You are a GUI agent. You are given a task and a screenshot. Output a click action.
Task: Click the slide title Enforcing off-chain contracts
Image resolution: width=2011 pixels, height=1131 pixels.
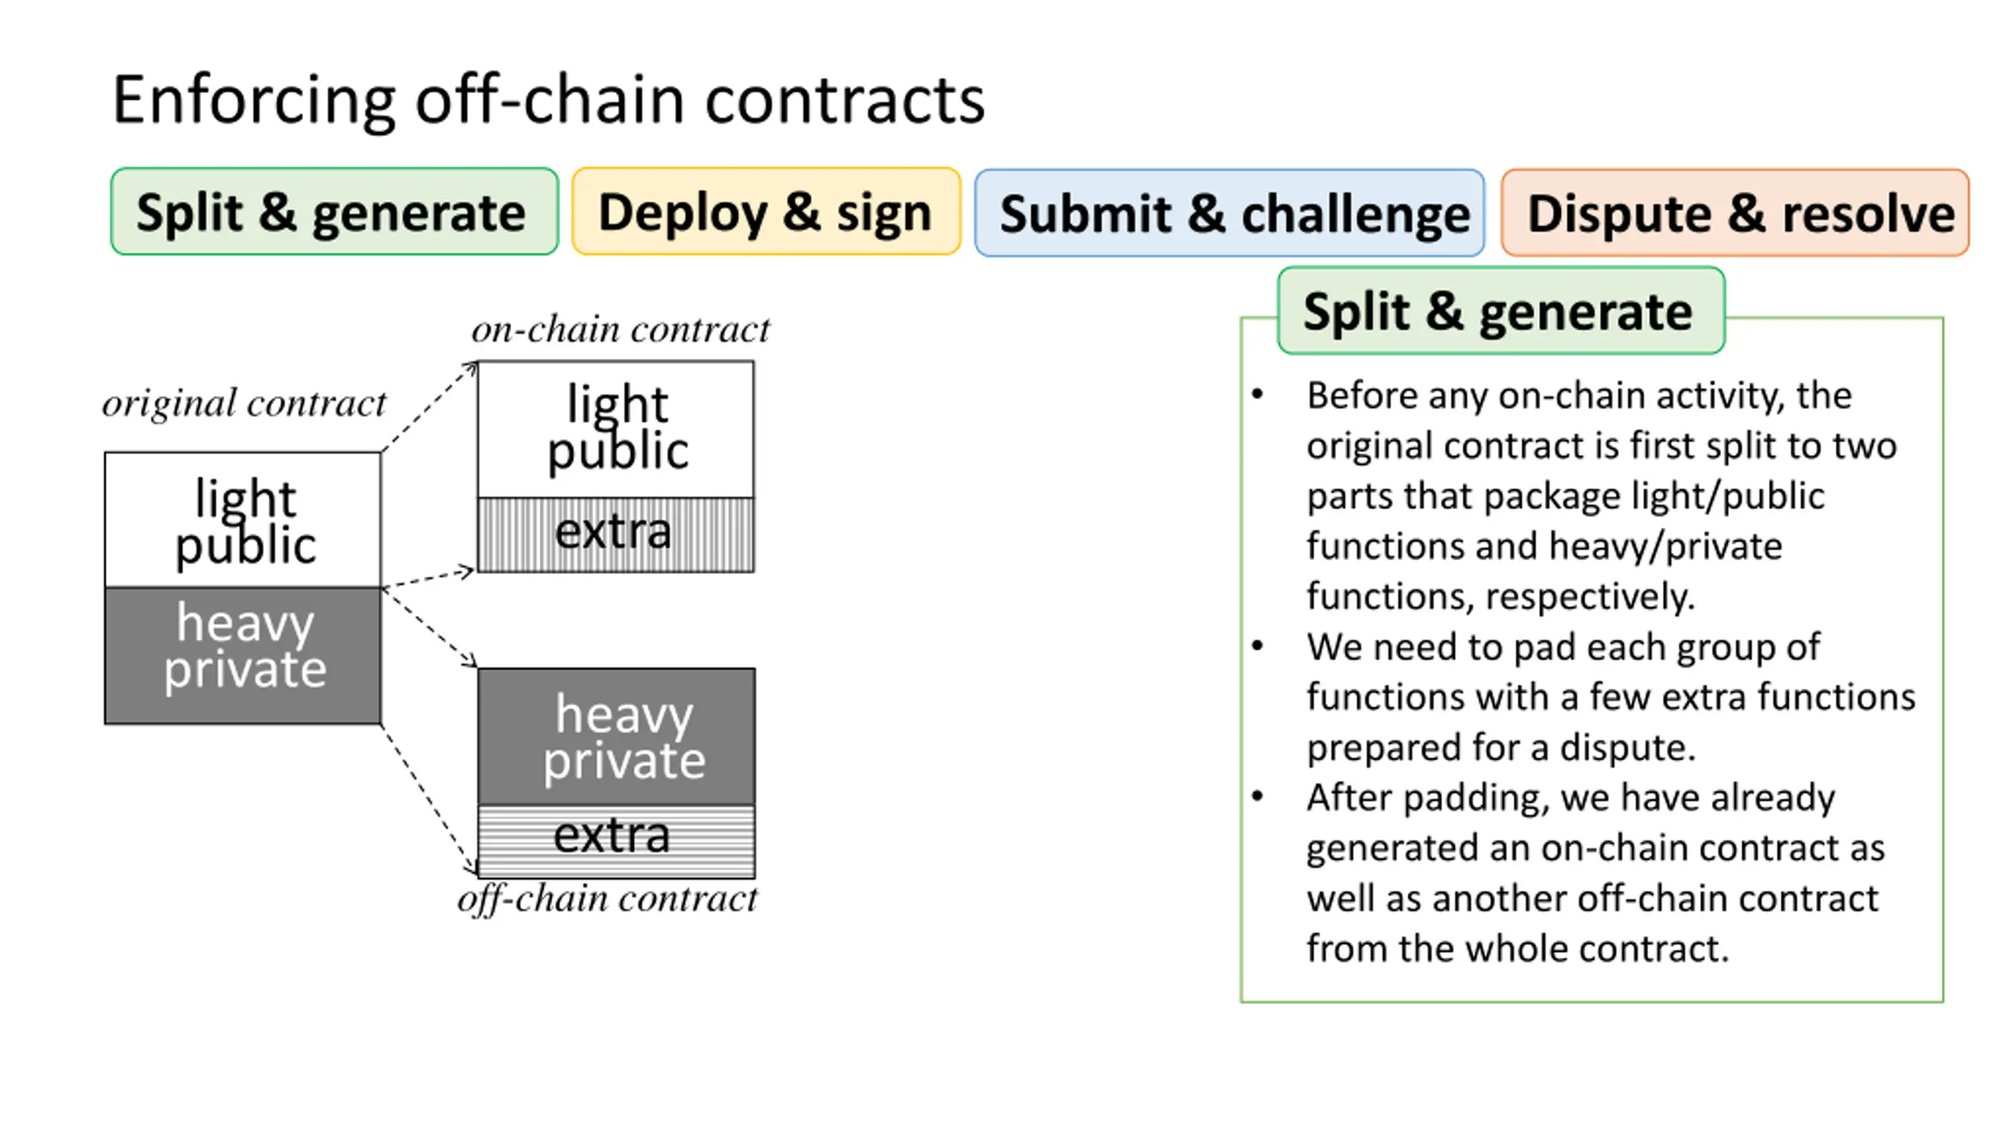548,101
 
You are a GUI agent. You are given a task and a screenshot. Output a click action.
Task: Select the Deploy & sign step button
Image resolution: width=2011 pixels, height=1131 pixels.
766,211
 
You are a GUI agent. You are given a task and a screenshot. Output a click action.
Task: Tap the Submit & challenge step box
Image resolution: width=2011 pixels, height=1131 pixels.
1229,213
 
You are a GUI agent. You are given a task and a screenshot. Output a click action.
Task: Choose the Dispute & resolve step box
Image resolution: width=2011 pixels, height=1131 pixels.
1735,213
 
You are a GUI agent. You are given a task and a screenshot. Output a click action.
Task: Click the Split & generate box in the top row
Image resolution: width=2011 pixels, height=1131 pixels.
335,211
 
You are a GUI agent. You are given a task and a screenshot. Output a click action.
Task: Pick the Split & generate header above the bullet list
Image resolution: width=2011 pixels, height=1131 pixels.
1501,311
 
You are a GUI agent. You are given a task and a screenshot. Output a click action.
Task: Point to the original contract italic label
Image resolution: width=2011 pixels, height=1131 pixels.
244,404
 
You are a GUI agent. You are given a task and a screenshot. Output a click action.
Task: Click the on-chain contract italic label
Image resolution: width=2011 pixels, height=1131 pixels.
621,329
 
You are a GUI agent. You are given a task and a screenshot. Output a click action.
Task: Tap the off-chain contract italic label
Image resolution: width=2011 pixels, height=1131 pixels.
607,899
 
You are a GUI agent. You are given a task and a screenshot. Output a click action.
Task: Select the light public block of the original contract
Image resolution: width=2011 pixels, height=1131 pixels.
243,519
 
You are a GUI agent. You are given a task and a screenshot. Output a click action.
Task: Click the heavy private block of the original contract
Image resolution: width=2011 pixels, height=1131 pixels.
243,655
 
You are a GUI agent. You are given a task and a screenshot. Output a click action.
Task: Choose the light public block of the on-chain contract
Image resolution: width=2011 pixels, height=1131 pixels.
616,429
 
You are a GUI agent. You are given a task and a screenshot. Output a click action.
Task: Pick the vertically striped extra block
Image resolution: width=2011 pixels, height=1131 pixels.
616,534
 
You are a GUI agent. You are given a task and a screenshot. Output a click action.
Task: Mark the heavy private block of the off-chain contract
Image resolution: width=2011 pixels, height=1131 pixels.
617,737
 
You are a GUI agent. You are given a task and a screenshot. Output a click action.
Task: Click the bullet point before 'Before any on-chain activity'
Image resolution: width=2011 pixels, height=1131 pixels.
1258,394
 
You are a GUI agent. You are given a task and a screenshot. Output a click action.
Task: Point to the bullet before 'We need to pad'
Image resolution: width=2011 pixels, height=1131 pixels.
1258,646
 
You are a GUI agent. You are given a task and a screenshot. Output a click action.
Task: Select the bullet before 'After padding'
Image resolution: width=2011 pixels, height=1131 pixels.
1258,796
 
